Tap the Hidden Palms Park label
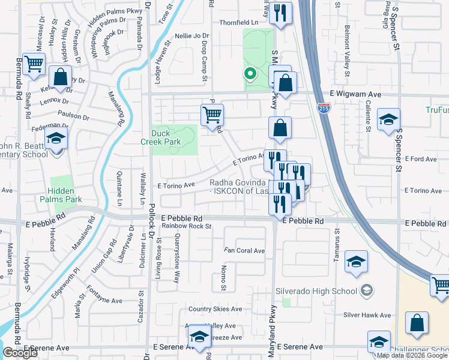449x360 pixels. pyautogui.click(x=61, y=195)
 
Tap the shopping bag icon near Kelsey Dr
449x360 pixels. pyautogui.click(x=60, y=77)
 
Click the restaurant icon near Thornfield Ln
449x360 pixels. pyautogui.click(x=280, y=14)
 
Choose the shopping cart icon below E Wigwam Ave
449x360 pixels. pyautogui.click(x=211, y=114)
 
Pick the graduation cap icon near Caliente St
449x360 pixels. pyautogui.click(x=388, y=119)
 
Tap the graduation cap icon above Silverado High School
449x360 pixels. pyautogui.click(x=356, y=262)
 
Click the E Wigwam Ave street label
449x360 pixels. pyautogui.click(x=355, y=95)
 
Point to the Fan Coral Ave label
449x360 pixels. pyautogui.click(x=244, y=251)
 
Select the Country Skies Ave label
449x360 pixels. pyautogui.click(x=215, y=310)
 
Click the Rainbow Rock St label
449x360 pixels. pyautogui.click(x=186, y=226)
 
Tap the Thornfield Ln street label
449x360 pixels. pyautogui.click(x=238, y=22)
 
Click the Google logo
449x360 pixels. pyautogui.click(x=20, y=353)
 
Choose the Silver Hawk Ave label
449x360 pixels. pyautogui.click(x=367, y=315)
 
